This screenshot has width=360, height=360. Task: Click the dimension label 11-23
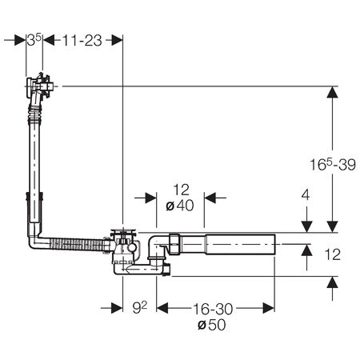[x=82, y=41]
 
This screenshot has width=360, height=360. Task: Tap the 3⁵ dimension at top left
[x=34, y=40]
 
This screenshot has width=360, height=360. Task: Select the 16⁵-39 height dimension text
[x=333, y=164]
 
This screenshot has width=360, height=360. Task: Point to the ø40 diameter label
[x=180, y=206]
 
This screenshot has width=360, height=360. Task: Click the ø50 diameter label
[x=212, y=325]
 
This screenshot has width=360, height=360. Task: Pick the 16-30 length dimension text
[x=213, y=309]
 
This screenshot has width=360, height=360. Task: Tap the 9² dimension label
[x=140, y=308]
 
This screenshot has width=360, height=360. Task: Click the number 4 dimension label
[x=306, y=195]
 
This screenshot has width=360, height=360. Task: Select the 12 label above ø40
[x=181, y=190]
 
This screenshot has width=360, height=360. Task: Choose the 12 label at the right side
[x=333, y=254]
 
